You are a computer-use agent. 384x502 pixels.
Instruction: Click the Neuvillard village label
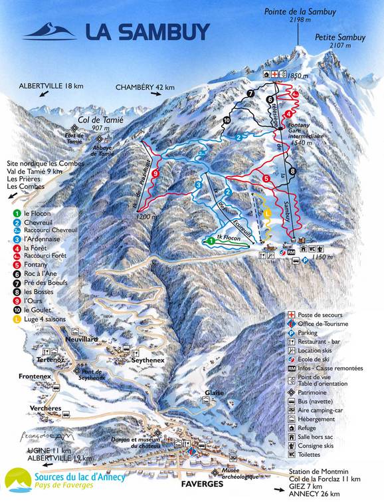click(x=82, y=338)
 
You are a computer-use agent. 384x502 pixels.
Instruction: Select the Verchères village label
click(x=27, y=408)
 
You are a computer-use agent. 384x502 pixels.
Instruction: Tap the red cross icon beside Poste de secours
click(x=290, y=314)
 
